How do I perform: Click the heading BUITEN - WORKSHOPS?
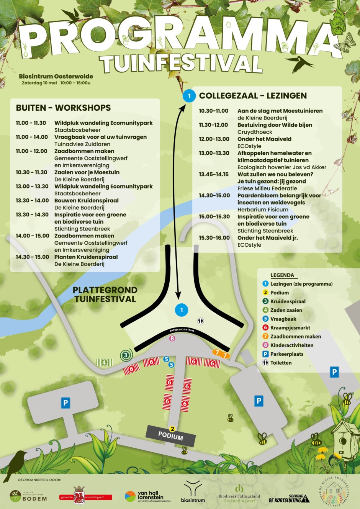coord(63,108)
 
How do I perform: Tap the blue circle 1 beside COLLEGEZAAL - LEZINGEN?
coord(189,96)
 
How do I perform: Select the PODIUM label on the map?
coord(171,437)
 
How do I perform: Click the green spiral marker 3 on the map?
coord(126,355)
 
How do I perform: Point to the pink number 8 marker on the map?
coord(172,338)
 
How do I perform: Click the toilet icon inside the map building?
coord(201,321)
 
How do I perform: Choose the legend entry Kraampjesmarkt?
coord(290,328)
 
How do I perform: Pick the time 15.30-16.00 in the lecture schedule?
coord(214,238)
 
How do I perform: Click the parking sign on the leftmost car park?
coord(65,403)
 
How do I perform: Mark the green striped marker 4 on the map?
coord(104,362)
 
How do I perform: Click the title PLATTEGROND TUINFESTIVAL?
coord(105,295)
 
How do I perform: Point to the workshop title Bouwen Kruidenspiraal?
coord(86,201)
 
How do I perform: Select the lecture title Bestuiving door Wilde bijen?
coord(275,125)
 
